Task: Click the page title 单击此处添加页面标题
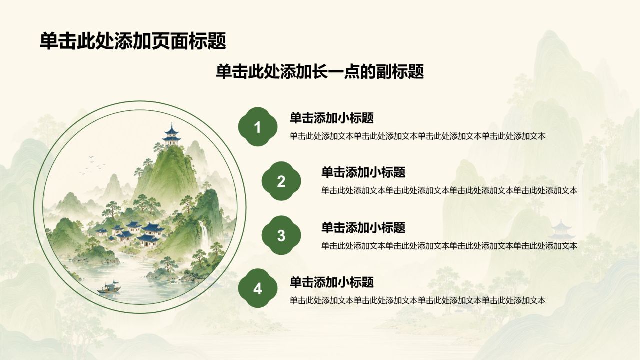tap(133, 41)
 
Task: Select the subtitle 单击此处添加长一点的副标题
tap(320, 71)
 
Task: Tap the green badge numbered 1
tap(258, 127)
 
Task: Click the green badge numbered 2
tap(281, 181)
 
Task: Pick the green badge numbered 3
tap(281, 235)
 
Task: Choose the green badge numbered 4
tap(258, 288)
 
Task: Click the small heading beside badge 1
tap(332, 118)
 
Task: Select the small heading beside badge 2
tap(363, 172)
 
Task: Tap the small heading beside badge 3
tap(363, 227)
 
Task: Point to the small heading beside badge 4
tap(332, 282)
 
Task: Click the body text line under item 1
tap(417, 136)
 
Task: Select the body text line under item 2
tap(449, 191)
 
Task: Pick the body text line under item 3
tap(449, 246)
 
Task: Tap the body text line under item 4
tap(417, 300)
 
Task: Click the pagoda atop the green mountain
tap(171, 135)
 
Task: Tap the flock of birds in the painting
tap(92, 165)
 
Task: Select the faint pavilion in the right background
tap(561, 230)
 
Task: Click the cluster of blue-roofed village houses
tap(131, 233)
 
